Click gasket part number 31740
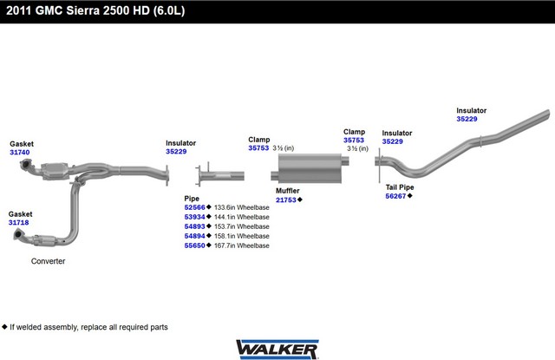tap(20, 153)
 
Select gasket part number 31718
tap(19, 223)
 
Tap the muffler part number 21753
tap(286, 200)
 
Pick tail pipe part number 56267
tap(395, 196)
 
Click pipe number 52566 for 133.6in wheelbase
tap(194, 207)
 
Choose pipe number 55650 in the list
tap(194, 245)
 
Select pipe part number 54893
tap(194, 226)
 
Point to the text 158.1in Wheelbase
tap(242, 236)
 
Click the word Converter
tap(49, 261)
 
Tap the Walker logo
tap(277, 350)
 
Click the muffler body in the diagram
tap(310, 168)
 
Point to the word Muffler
tap(288, 191)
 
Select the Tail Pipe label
tap(400, 187)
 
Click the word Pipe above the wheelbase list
tap(192, 199)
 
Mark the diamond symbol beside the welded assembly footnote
tap(4, 327)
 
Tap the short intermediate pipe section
tap(220, 175)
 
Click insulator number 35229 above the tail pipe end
tap(467, 119)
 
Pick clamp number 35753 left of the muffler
tap(258, 148)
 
